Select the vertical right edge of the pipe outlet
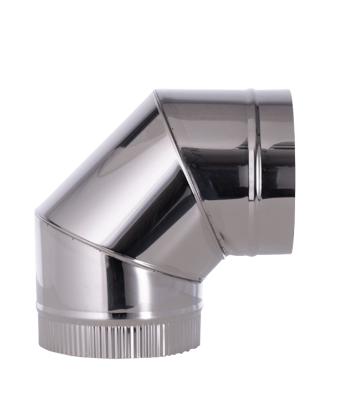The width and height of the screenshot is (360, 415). [x=293, y=172]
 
